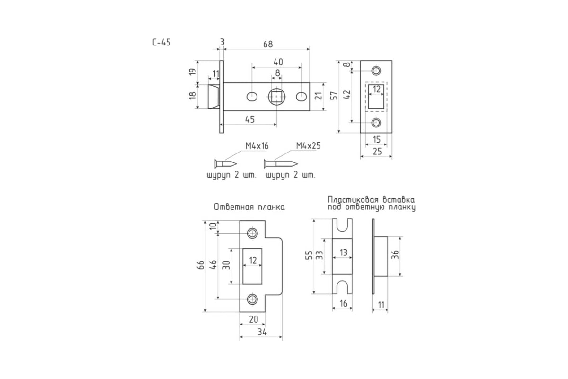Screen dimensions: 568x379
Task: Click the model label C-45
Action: coord(161,42)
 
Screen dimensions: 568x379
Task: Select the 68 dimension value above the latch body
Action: coord(268,44)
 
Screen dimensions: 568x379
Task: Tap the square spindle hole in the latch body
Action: coord(276,97)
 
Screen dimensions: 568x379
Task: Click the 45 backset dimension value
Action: coord(250,119)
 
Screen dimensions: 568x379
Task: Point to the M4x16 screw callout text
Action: coord(257,146)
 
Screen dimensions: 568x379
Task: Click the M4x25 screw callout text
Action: coord(308,146)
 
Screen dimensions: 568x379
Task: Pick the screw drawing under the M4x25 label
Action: coord(280,164)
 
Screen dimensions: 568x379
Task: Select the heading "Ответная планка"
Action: coord(249,207)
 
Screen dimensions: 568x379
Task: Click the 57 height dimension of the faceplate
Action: coord(335,96)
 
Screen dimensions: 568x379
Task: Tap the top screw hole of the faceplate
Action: coord(376,71)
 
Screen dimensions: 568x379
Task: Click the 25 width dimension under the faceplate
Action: coord(377,152)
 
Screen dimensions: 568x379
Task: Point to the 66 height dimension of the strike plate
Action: coord(200,265)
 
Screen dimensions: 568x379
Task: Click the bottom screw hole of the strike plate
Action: coord(252,299)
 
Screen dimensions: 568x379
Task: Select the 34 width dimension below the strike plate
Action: coord(262,332)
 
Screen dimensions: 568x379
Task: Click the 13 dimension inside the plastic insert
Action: coord(343,253)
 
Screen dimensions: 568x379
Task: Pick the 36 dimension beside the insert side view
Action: coord(395,254)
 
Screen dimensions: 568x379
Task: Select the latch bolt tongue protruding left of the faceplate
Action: coord(214,97)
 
